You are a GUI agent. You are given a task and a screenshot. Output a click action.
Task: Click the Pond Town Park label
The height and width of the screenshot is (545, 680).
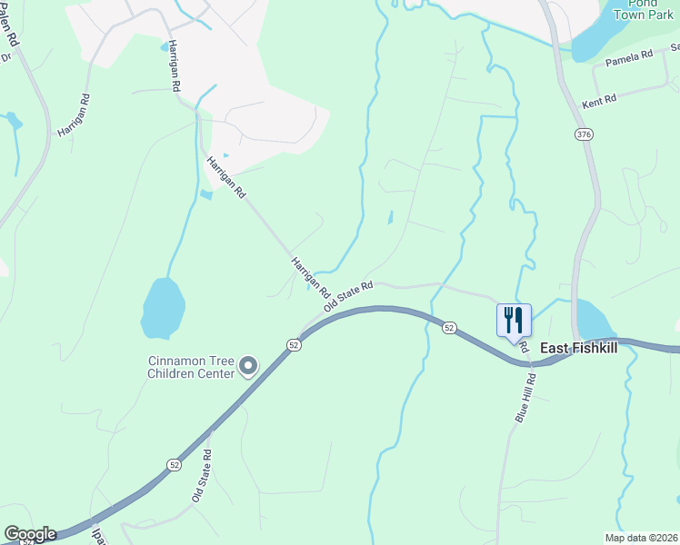[x=642, y=9]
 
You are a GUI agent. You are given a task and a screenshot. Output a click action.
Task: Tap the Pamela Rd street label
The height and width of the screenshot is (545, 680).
[x=629, y=56]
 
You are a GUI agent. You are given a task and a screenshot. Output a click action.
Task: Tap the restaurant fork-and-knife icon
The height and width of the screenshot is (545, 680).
[x=514, y=320]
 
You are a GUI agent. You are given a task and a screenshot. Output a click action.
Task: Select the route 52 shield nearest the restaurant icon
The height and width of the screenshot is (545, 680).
[x=449, y=327]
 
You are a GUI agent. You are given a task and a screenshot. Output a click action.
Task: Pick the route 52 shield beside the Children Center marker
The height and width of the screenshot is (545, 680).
[x=292, y=345]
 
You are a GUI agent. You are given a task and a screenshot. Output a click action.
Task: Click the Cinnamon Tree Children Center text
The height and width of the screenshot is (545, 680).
[x=191, y=366]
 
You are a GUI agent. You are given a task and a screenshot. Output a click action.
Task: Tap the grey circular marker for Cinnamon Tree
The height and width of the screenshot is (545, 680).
[x=248, y=367]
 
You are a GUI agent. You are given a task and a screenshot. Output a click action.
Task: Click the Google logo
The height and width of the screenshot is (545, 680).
[x=30, y=534]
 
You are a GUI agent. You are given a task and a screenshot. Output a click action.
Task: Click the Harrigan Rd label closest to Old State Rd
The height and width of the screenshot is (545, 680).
[x=310, y=277]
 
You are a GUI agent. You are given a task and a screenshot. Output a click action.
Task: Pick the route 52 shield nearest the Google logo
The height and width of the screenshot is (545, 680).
[x=174, y=464]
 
